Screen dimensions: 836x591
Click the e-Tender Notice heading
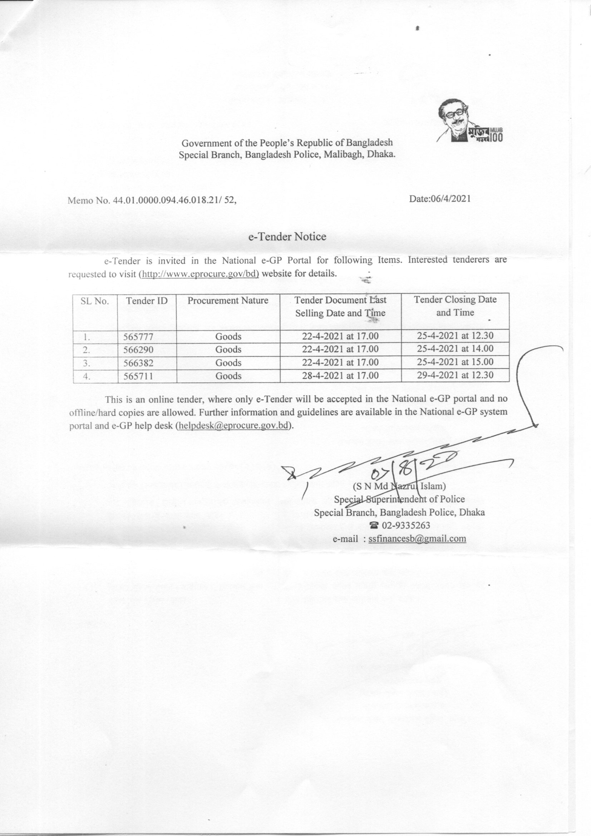(x=287, y=237)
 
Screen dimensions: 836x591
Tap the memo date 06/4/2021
(x=440, y=199)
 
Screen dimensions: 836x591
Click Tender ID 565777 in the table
(x=138, y=337)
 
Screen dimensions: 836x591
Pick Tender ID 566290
(x=138, y=350)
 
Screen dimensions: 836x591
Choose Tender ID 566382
(x=138, y=363)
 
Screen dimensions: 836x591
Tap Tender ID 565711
(x=138, y=376)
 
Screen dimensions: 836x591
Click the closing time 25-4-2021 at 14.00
(x=455, y=348)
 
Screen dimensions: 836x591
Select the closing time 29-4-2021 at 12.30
(x=455, y=375)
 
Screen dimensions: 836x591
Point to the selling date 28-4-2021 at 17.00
(x=340, y=375)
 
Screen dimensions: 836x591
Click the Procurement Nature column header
(x=228, y=301)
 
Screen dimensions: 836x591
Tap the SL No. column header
(x=95, y=301)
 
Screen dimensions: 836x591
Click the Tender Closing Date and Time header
(x=455, y=306)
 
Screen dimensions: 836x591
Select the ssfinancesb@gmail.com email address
(x=417, y=539)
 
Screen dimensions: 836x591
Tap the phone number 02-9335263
(x=404, y=525)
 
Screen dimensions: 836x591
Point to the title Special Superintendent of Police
(x=399, y=499)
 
